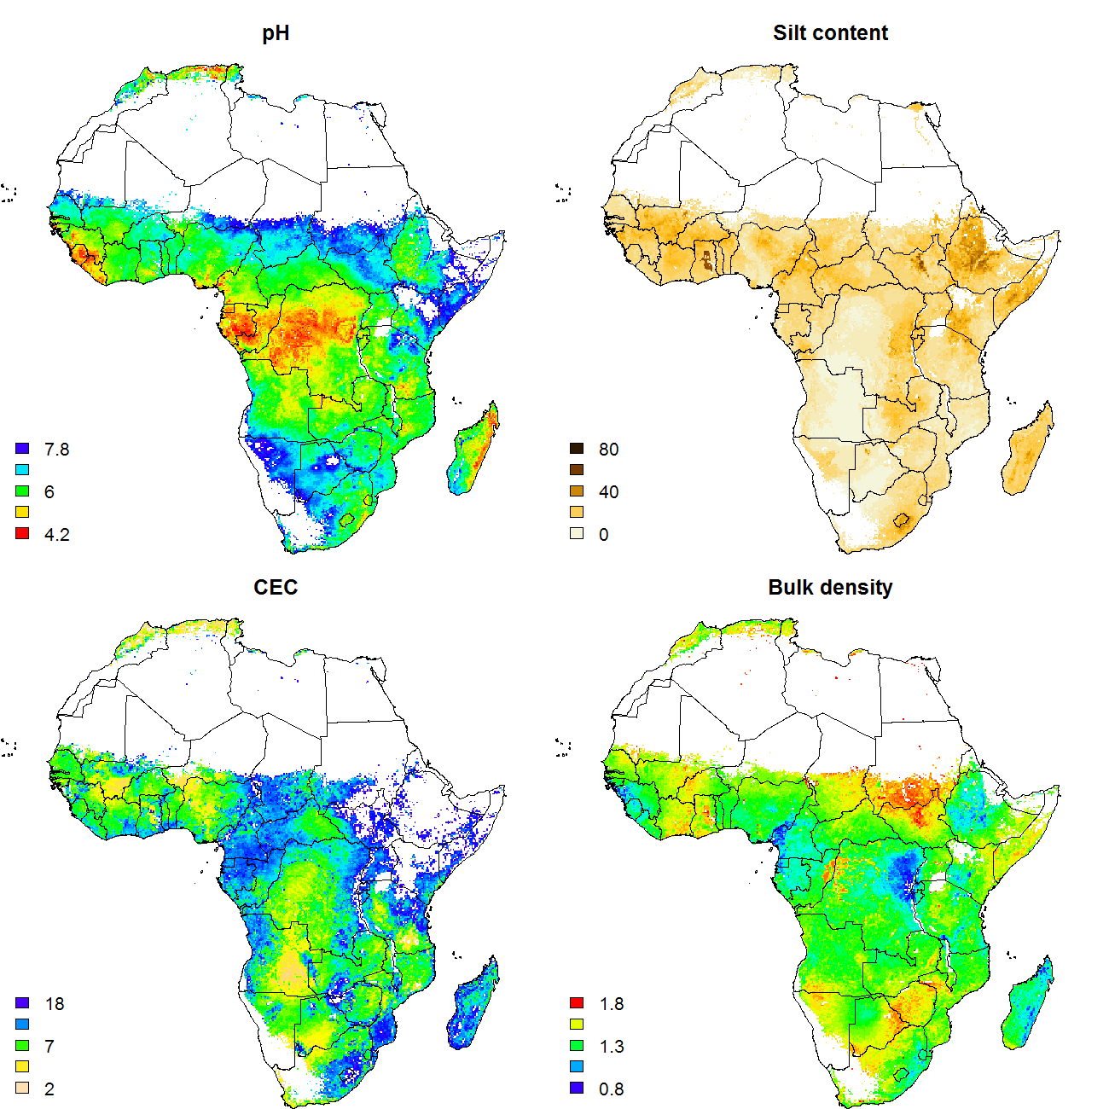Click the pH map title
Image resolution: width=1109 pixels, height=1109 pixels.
[x=276, y=33]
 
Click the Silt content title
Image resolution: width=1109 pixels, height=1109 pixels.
[x=830, y=33]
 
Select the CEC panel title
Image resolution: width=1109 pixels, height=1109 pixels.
[x=276, y=588]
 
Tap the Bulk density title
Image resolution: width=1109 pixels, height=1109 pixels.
[x=830, y=588]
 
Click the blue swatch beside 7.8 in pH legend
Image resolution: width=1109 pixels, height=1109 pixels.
[x=23, y=449]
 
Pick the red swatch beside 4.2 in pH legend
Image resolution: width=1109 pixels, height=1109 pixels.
[x=23, y=533]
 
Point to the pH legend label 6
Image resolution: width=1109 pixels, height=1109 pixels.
[x=49, y=492]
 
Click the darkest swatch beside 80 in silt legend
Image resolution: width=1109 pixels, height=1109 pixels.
[x=578, y=449]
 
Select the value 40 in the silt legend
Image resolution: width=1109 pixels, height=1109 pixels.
[x=608, y=492]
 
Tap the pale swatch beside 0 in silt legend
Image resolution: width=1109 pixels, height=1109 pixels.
[x=578, y=534]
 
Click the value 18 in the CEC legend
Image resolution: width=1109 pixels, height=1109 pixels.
[x=55, y=1004]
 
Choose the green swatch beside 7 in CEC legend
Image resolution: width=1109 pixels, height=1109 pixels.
[x=23, y=1046]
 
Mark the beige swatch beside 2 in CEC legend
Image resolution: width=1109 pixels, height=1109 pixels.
[x=23, y=1089]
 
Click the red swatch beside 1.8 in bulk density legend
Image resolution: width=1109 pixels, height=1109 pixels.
[x=578, y=1003]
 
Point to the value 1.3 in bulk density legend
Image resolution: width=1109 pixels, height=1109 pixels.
[x=612, y=1047]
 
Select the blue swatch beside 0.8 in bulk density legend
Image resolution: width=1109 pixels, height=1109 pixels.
[x=578, y=1089]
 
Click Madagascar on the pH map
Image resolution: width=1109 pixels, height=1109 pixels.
[x=473, y=452]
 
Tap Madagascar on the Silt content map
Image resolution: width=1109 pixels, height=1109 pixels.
[x=1027, y=452]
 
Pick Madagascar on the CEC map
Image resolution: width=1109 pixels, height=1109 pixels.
[x=473, y=1007]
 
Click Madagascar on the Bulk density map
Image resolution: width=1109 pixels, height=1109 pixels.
[x=1027, y=1007]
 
